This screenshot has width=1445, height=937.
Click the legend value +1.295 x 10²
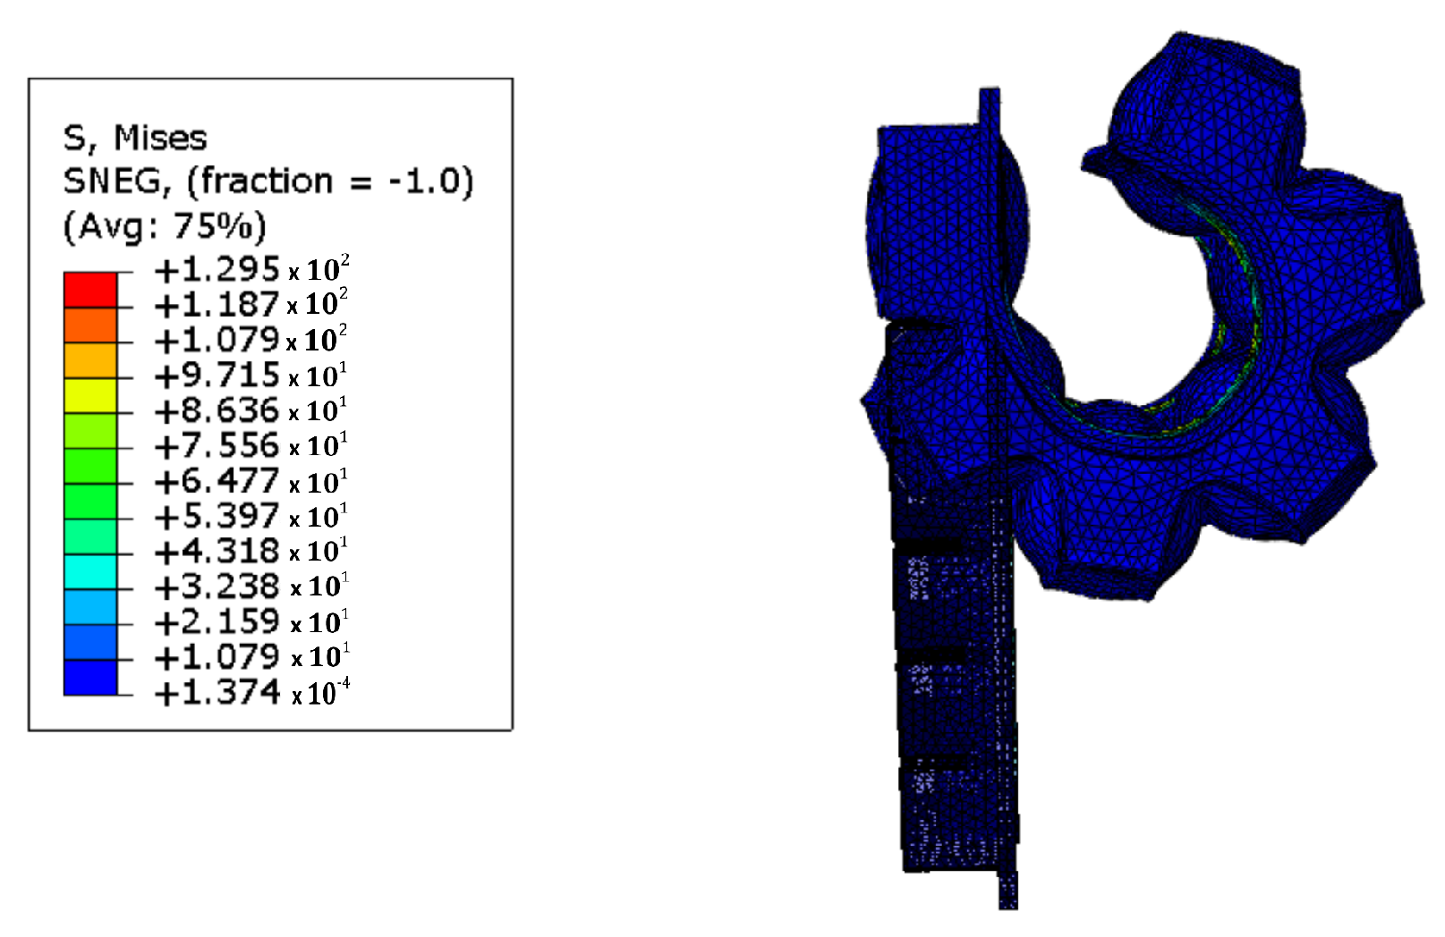tap(252, 269)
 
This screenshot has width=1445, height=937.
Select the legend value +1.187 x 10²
tap(251, 303)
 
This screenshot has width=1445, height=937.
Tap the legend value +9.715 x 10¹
tap(251, 375)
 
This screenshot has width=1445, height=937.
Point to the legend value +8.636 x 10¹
tap(251, 409)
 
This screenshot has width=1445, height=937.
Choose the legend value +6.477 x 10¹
tap(251, 481)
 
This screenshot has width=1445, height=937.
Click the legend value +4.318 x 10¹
tap(251, 551)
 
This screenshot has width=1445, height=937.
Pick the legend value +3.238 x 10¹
tap(251, 587)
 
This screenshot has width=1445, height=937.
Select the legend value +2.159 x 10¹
tap(251, 621)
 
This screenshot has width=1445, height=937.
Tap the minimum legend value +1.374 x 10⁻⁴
tap(252, 692)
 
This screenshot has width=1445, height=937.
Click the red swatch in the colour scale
tap(90, 290)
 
